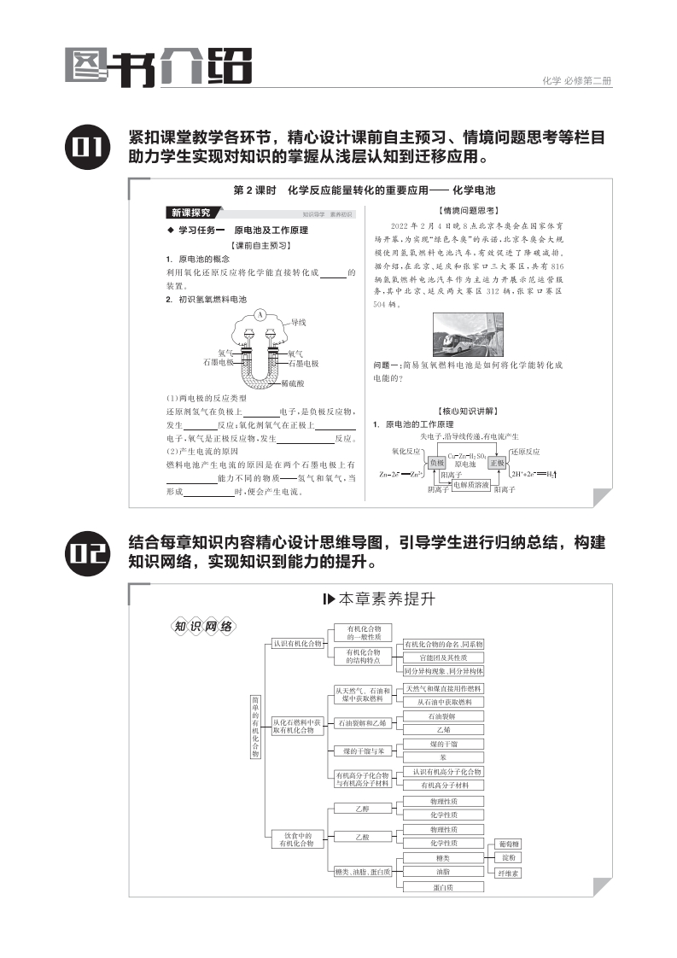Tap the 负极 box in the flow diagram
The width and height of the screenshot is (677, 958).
[437, 462]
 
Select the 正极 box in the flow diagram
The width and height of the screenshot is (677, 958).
[497, 462]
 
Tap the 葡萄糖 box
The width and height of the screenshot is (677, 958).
[509, 844]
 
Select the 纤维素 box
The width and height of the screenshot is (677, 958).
[509, 873]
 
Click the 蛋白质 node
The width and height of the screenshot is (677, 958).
[442, 887]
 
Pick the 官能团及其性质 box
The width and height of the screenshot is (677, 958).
[442, 657]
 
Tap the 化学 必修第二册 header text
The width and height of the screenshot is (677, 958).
[577, 81]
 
